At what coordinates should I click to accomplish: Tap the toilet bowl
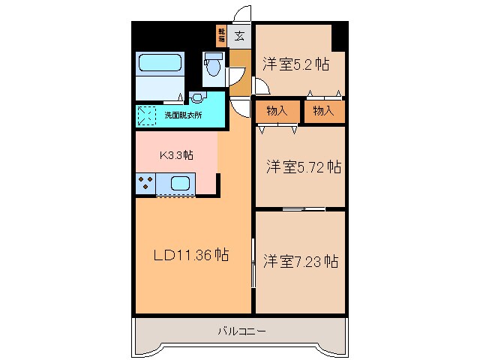coord(212,68)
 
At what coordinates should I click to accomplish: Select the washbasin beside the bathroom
coord(196,97)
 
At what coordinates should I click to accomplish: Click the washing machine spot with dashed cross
coord(147,116)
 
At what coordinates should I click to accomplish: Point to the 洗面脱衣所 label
coord(184,116)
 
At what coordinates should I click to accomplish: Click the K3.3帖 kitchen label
coord(177,155)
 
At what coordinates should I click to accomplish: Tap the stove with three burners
coord(145,183)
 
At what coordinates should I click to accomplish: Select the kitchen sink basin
coord(181,182)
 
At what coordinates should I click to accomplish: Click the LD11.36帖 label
coord(191,255)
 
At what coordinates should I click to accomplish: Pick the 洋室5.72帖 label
coord(303,166)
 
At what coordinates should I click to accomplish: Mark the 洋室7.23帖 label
coord(300,262)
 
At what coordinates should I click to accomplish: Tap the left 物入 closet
coord(277,111)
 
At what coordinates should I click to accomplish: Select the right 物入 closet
coord(323,111)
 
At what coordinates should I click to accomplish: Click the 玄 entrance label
coord(239,35)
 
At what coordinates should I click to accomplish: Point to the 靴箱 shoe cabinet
coord(222,35)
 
